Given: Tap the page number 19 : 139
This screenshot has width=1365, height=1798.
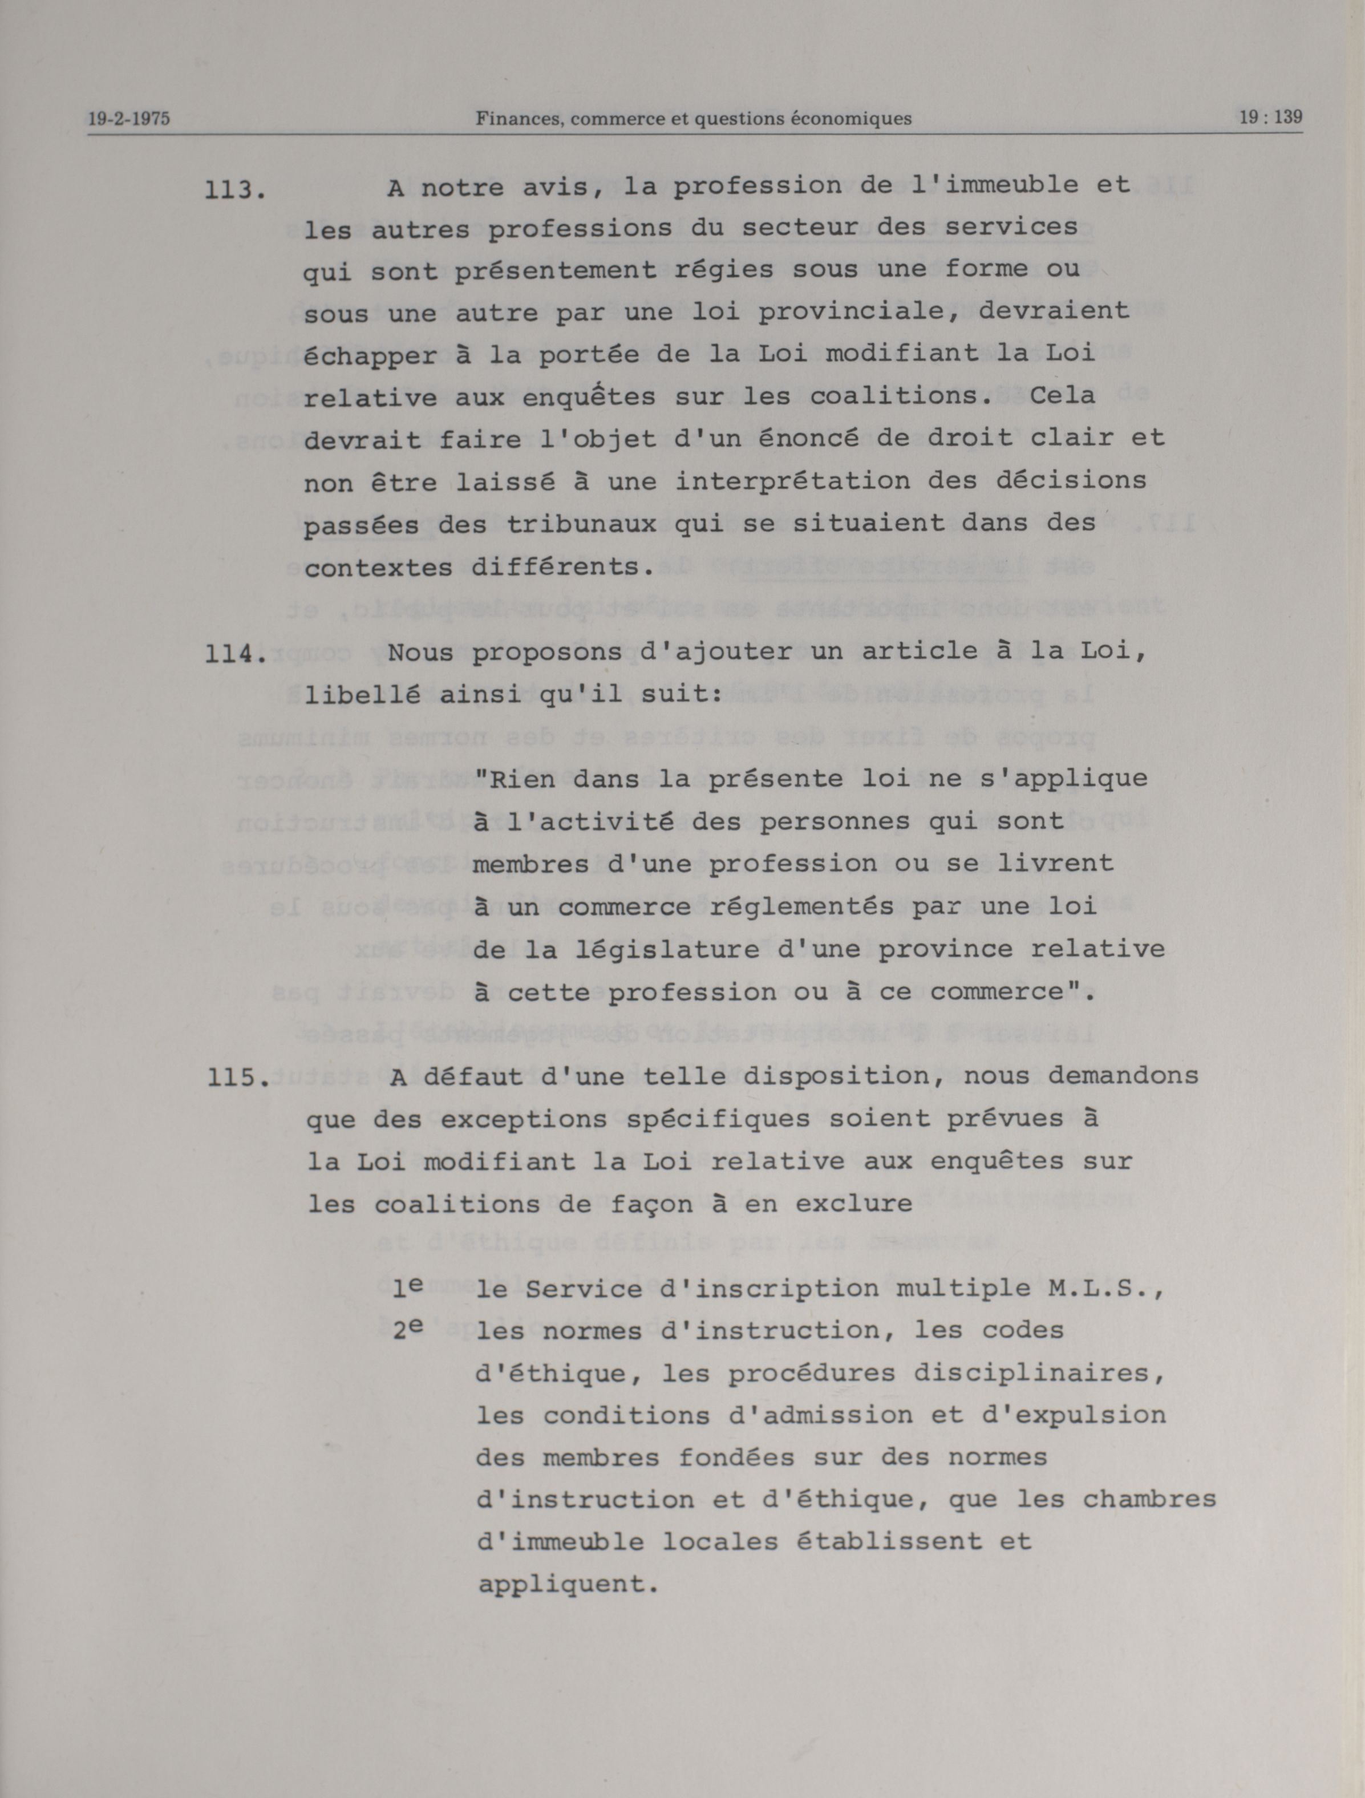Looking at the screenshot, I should click(1271, 116).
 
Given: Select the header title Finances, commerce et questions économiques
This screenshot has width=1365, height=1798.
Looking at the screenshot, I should click(694, 119).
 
